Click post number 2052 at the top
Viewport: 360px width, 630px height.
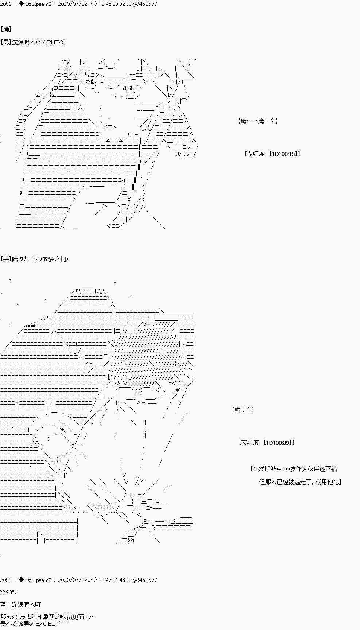click(x=6, y=4)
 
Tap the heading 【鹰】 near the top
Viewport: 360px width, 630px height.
click(x=6, y=29)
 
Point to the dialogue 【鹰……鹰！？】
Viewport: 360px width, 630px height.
click(x=258, y=121)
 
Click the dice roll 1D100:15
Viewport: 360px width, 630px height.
click(x=283, y=154)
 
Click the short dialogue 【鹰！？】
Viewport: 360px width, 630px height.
click(x=243, y=410)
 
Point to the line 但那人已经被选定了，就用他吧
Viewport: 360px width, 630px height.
click(x=300, y=482)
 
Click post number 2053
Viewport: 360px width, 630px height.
click(x=6, y=580)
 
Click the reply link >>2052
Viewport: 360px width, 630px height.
click(x=9, y=592)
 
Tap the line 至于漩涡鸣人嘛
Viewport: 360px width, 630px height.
click(x=20, y=604)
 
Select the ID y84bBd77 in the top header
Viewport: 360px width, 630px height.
click(x=146, y=4)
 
